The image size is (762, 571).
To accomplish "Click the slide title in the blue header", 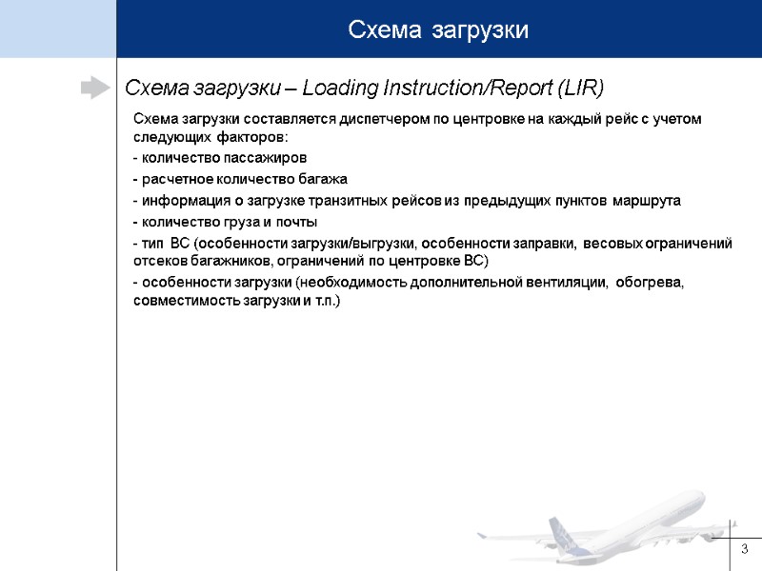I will click(x=438, y=30).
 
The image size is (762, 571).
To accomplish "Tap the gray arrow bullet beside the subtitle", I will click(x=94, y=89).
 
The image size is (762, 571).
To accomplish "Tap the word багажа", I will click(x=324, y=179).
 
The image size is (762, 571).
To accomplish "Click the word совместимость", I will click(x=181, y=301).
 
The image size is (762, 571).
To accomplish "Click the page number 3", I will click(x=745, y=549).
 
